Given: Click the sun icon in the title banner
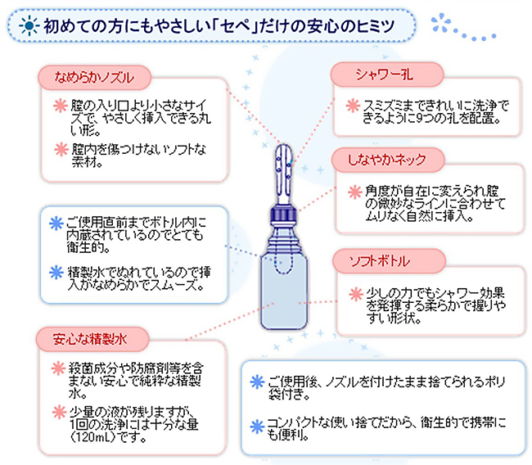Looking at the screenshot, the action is (29, 26).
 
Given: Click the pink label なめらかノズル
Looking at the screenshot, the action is (94, 78).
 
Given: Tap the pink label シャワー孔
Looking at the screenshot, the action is (387, 74).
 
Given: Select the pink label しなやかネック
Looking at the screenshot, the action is (387, 160).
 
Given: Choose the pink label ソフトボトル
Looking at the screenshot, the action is (389, 261).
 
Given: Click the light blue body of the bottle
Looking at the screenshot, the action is (284, 295).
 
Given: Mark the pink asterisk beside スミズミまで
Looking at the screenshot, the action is (353, 106).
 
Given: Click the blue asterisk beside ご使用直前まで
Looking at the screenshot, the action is (56, 223).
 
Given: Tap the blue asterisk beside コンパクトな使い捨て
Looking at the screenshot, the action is (257, 427).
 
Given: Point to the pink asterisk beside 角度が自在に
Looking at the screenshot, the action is (355, 192).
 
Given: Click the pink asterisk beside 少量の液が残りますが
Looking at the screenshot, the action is (60, 412).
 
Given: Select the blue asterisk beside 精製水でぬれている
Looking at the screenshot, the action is (56, 273).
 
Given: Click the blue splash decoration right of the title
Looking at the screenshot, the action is (440, 23).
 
